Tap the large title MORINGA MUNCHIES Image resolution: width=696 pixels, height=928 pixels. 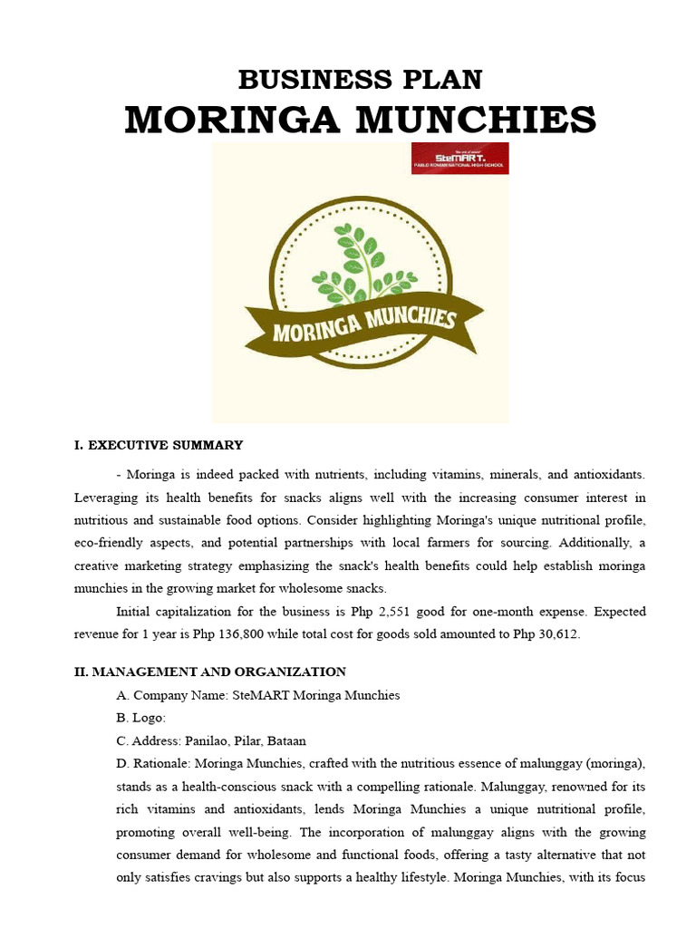[360, 119]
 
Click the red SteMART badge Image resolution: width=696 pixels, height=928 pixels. [459, 158]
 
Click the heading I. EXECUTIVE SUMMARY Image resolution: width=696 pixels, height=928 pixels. [158, 445]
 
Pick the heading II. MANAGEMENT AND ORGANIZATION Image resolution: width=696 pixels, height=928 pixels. [209, 672]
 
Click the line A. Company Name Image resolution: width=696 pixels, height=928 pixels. [257, 695]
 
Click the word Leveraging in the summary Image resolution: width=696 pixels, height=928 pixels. [106, 498]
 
